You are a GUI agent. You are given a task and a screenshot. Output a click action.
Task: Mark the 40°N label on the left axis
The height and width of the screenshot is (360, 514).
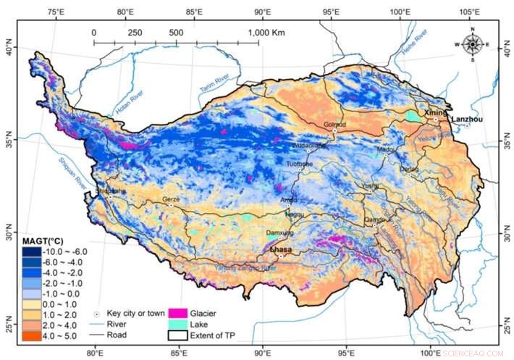[x=9, y=50]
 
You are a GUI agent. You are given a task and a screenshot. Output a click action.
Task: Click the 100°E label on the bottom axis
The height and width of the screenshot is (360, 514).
[x=431, y=353]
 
